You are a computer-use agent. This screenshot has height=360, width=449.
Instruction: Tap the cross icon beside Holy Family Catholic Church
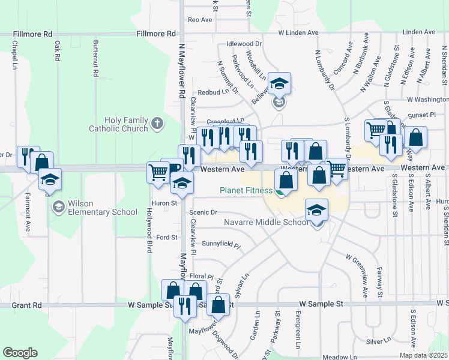pyautogui.click(x=157, y=124)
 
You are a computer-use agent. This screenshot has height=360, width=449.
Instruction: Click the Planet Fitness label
pyautogui.click(x=246, y=191)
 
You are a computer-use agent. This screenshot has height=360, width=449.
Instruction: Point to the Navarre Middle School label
pyautogui.click(x=266, y=222)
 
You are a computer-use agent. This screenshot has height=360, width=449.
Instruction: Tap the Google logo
pyautogui.click(x=20, y=352)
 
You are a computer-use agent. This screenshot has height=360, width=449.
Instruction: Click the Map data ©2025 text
pyautogui.click(x=423, y=355)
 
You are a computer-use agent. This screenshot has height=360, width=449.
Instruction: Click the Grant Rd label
pyautogui.click(x=27, y=305)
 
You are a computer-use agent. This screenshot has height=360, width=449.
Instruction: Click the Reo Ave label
pyautogui.click(x=200, y=20)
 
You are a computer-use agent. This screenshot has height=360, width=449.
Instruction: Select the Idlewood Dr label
pyautogui.click(x=244, y=44)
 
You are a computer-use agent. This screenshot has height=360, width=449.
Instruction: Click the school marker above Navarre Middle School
pyautogui.click(x=316, y=211)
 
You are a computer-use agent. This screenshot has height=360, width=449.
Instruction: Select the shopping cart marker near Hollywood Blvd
pyautogui.click(x=158, y=173)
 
